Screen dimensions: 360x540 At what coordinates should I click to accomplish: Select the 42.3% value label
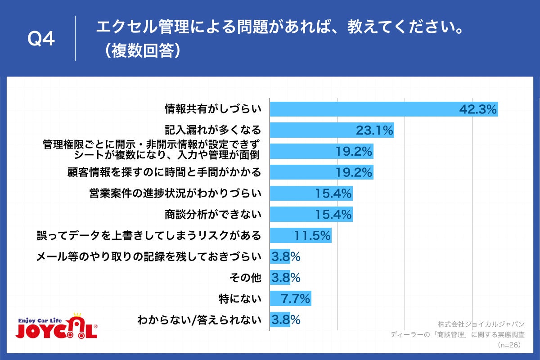(x=477, y=109)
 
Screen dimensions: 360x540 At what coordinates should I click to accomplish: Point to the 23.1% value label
(x=374, y=130)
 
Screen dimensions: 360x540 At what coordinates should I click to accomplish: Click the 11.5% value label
(x=312, y=235)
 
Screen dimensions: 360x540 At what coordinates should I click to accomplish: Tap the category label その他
(x=245, y=278)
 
